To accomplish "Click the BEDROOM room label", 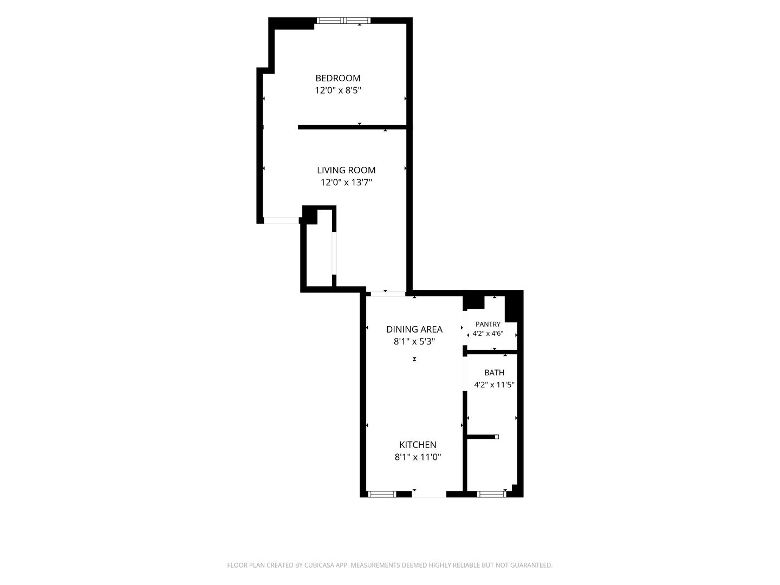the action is coord(337,78).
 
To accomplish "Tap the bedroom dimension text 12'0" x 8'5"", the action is coord(337,90).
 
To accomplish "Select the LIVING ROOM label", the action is coord(346,170).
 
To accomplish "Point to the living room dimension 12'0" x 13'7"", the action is coord(346,182).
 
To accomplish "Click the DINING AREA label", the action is coord(414,329).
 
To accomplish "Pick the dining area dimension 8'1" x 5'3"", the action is coord(414,341).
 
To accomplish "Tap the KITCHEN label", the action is coord(418,445).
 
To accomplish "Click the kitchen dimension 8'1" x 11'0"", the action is coord(418,457).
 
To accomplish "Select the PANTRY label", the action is coord(488,324).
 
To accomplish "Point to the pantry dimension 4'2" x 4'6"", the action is coord(488,334).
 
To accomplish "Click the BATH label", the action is coord(495,373).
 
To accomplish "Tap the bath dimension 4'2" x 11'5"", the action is coord(495,385).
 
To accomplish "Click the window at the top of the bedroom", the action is coord(343,21).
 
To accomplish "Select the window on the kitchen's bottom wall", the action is coord(382,494).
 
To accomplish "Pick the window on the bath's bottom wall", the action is coord(491,494).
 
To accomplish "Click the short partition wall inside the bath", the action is coord(483,437).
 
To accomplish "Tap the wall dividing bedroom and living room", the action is coord(352,127).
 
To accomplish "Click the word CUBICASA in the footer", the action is coord(320,565).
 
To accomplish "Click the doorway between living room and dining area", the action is coord(388,294).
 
